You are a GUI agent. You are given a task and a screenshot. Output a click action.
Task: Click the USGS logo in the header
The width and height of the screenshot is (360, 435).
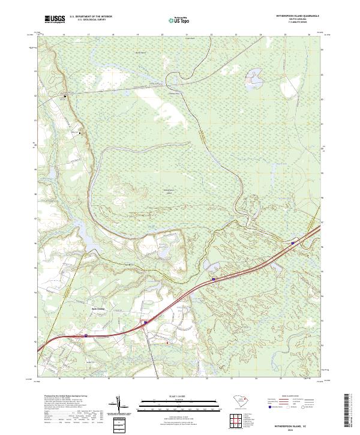[55, 20]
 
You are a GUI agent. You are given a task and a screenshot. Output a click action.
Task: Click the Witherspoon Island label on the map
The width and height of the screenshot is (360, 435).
[173, 191]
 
